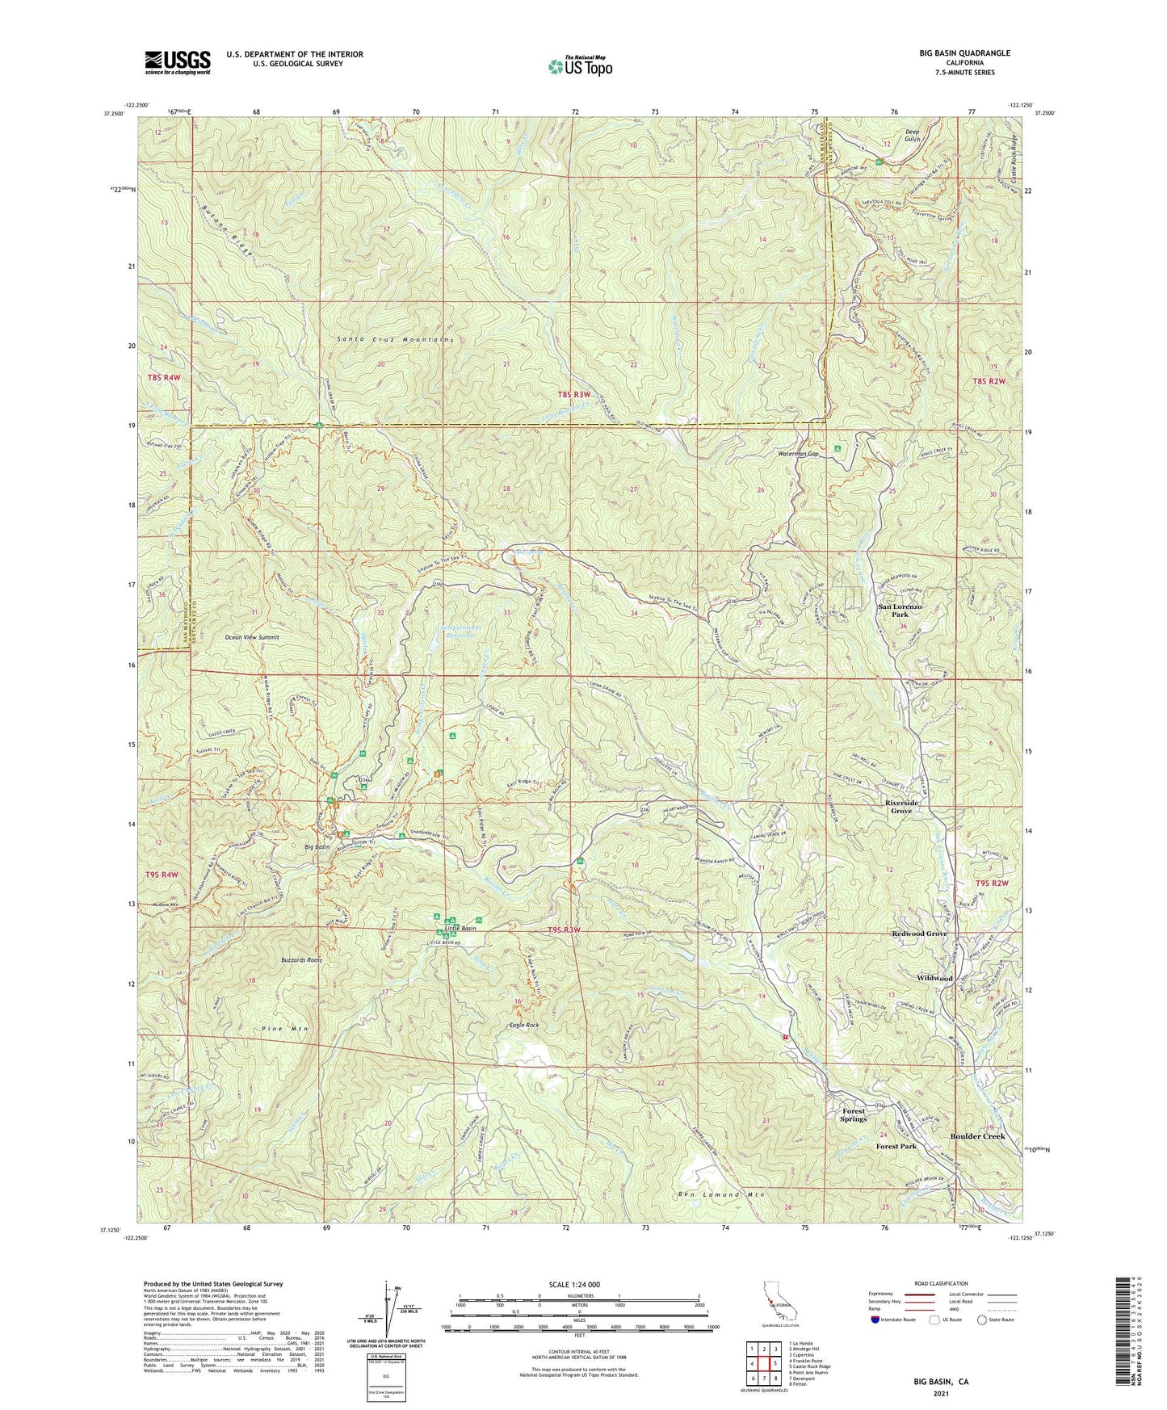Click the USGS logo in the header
[178, 61]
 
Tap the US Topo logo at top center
[579, 66]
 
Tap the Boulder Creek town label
[977, 1136]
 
